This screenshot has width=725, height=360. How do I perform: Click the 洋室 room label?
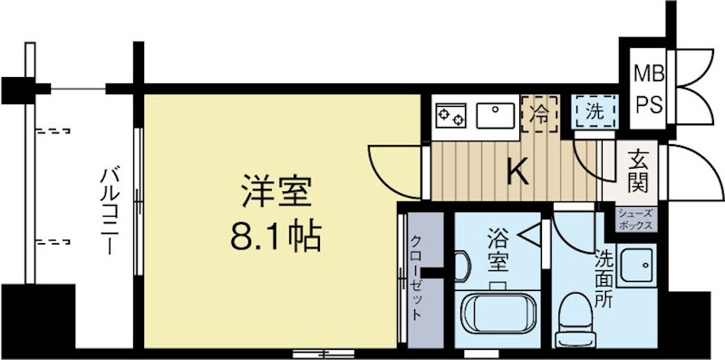(x=276, y=193)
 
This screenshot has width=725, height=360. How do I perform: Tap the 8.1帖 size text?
(x=275, y=238)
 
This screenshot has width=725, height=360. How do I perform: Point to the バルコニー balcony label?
(x=111, y=209)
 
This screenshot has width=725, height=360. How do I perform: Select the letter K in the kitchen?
(x=517, y=170)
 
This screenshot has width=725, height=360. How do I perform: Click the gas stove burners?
(x=451, y=114)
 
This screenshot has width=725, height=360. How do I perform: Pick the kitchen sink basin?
(x=495, y=115)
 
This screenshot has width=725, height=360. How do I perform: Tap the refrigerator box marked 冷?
(x=538, y=114)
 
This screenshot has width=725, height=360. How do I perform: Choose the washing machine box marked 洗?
(x=594, y=113)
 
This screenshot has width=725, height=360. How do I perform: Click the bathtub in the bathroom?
(x=497, y=314)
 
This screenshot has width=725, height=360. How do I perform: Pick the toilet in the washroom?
(x=573, y=320)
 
